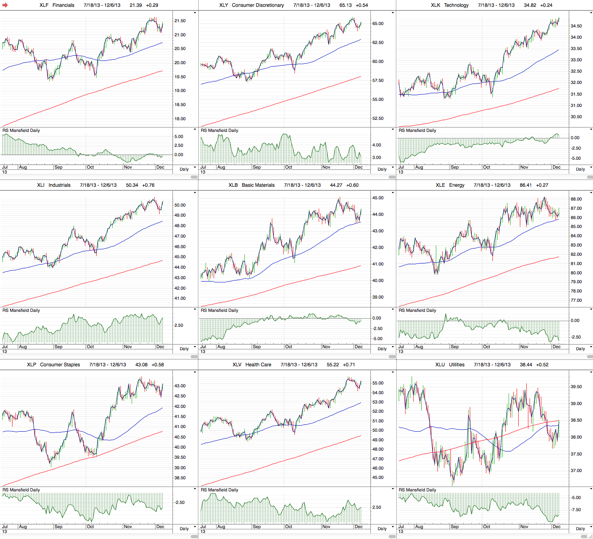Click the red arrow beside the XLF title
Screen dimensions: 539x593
[5, 5]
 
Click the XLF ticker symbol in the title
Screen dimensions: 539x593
[44, 5]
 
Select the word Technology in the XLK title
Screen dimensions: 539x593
[456, 5]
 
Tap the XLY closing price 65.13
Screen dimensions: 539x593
[345, 5]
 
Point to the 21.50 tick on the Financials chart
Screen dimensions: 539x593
[180, 21]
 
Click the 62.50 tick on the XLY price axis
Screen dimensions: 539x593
[378, 43]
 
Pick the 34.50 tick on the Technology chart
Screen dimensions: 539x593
[576, 26]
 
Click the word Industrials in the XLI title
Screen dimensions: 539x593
[59, 185]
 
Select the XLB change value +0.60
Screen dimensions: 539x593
[352, 185]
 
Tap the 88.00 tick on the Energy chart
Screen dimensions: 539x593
[576, 199]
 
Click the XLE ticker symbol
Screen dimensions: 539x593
[440, 185]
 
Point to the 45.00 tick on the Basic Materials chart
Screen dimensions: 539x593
[378, 198]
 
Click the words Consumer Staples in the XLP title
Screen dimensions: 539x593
[60, 365]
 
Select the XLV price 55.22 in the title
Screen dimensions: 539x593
[333, 365]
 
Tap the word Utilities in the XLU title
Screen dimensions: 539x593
[456, 365]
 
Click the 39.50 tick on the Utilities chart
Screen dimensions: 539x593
[576, 387]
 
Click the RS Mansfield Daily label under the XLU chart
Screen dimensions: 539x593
[417, 490]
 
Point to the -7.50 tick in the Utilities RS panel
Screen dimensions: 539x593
[576, 510]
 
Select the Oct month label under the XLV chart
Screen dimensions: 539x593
[288, 526]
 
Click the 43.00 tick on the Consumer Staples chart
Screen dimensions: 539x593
[180, 386]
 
